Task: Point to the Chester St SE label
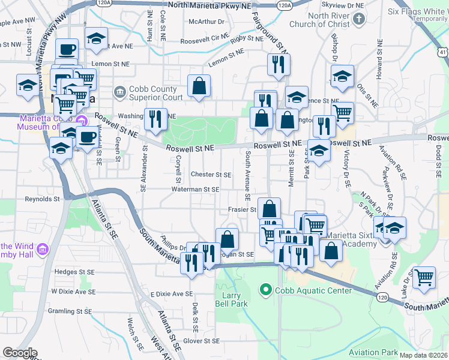click(x=211, y=175)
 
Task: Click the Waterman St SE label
click(x=195, y=189)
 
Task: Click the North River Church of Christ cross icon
click(x=358, y=19)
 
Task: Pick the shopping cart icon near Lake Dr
click(x=424, y=277)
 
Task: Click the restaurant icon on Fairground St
click(x=277, y=64)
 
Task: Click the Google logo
click(x=20, y=353)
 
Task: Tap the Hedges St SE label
click(x=75, y=271)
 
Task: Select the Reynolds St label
click(x=43, y=199)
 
